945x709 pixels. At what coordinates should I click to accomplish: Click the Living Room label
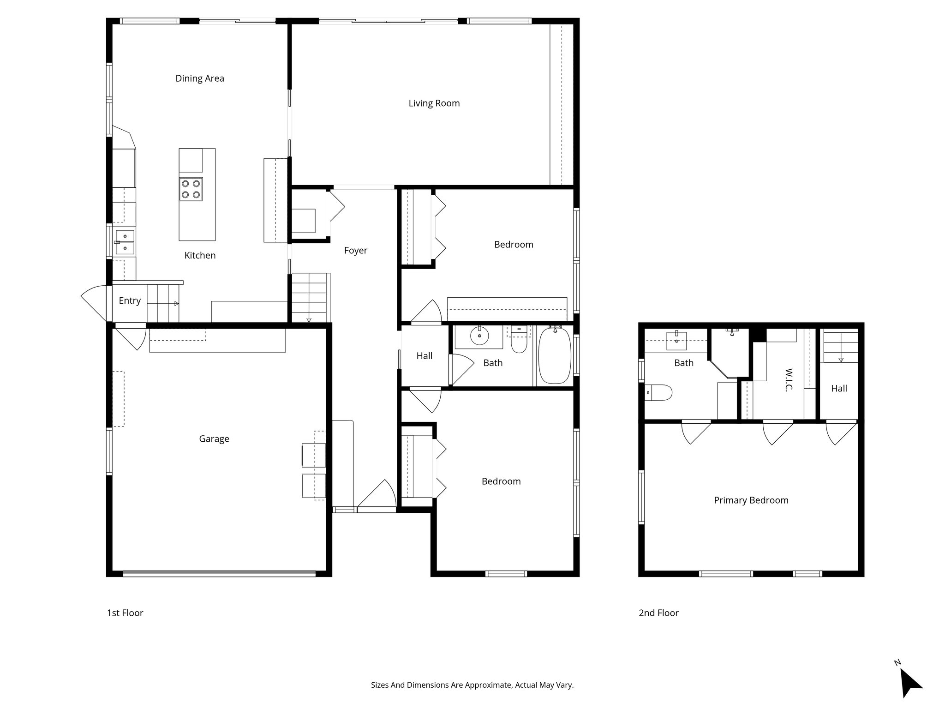pos(434,103)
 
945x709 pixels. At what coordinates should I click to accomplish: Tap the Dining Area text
pos(199,78)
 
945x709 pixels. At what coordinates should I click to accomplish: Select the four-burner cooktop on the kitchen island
pos(191,189)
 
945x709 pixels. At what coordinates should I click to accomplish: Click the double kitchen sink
pos(125,242)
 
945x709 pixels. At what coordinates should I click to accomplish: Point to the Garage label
pos(214,439)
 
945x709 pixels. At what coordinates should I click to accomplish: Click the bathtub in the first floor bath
pos(554,355)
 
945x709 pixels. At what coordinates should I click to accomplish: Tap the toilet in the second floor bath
pos(658,393)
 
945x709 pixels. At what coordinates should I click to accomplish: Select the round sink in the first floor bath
pos(480,336)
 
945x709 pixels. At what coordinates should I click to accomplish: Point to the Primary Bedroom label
pos(751,500)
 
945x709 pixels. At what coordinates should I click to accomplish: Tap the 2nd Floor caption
pos(658,613)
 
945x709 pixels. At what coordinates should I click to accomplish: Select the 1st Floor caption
pos(125,613)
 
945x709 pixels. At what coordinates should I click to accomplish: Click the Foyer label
pos(355,251)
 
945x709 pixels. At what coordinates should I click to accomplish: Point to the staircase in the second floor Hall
pos(840,346)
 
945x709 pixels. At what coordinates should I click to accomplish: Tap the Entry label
pos(130,300)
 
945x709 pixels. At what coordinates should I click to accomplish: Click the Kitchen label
pos(200,256)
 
